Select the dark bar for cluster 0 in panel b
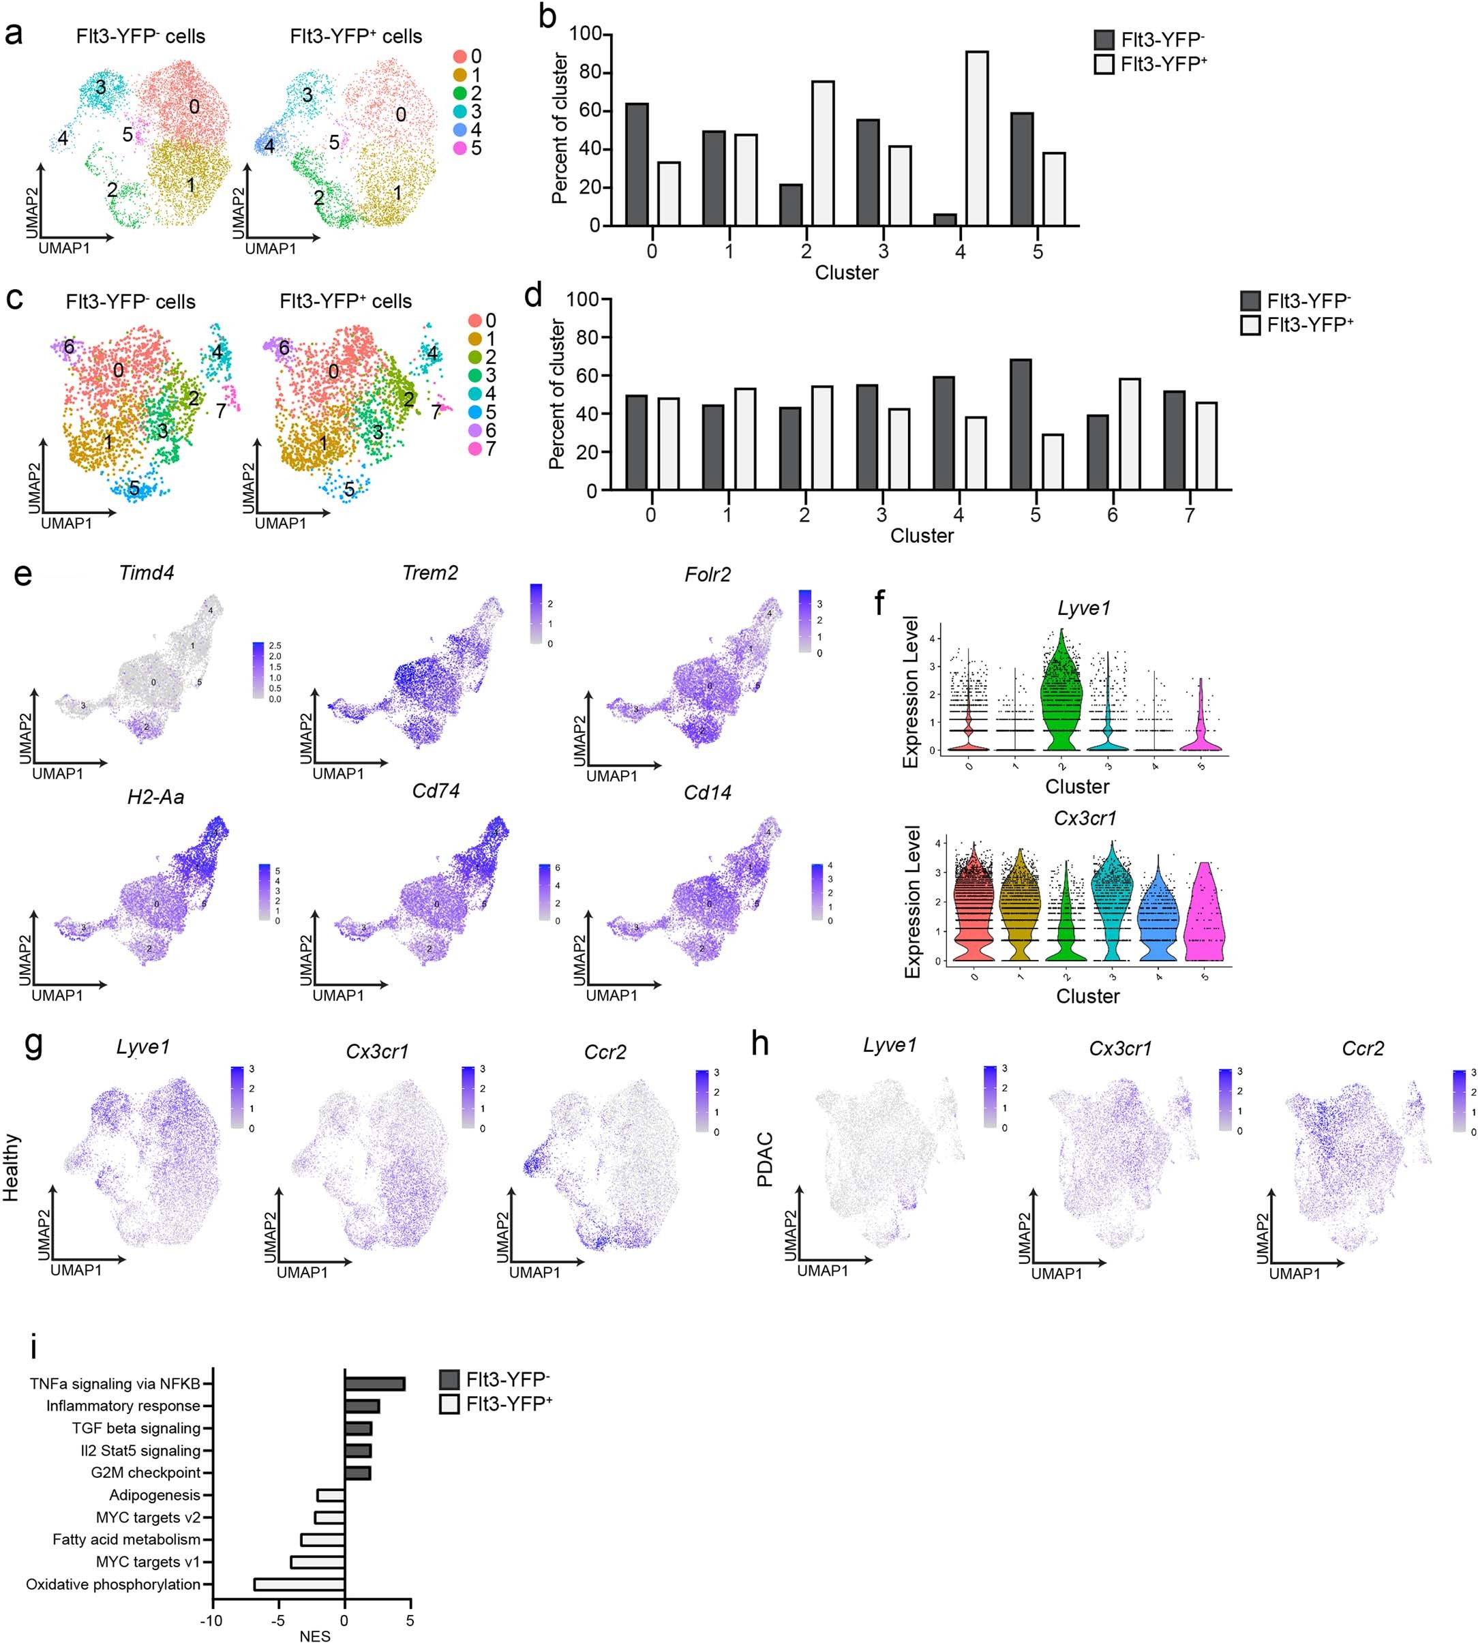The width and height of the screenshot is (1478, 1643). click(x=637, y=164)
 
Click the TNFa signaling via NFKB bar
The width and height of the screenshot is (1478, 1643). click(x=374, y=1383)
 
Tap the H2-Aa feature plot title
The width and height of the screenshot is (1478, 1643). click(x=155, y=797)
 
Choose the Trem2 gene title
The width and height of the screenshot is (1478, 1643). click(x=429, y=573)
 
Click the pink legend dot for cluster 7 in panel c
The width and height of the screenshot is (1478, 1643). click(x=475, y=449)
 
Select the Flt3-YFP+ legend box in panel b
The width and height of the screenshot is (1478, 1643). click(x=1104, y=64)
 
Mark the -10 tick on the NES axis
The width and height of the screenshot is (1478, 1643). click(x=211, y=1621)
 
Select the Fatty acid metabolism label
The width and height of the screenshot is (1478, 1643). click(x=127, y=1539)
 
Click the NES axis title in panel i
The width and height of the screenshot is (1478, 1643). click(x=314, y=1636)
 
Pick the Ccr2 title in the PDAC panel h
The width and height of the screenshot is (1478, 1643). click(x=1363, y=1049)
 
